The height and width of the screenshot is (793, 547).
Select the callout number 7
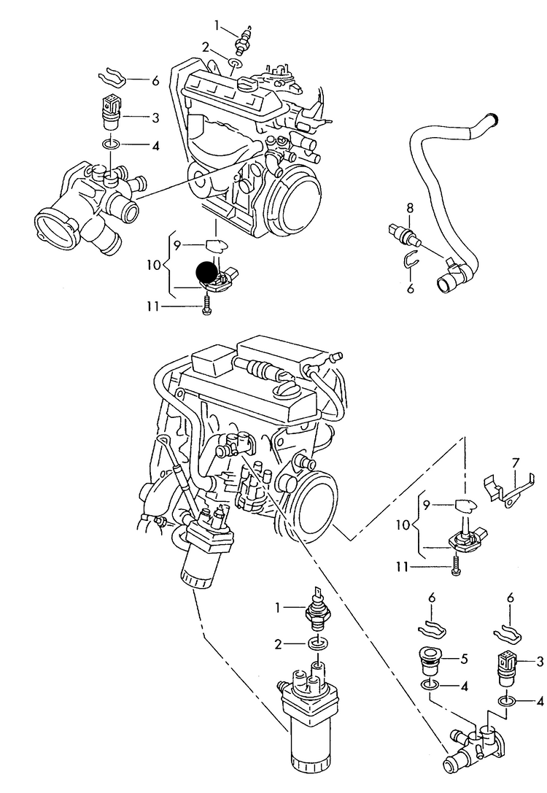pyautogui.click(x=515, y=462)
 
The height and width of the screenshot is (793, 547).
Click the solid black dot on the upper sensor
pyautogui.click(x=207, y=272)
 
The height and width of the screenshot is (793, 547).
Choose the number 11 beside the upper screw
pyautogui.click(x=151, y=307)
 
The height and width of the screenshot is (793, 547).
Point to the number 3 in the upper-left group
pyautogui.click(x=155, y=117)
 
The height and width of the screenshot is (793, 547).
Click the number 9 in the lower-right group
pyautogui.click(x=428, y=503)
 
